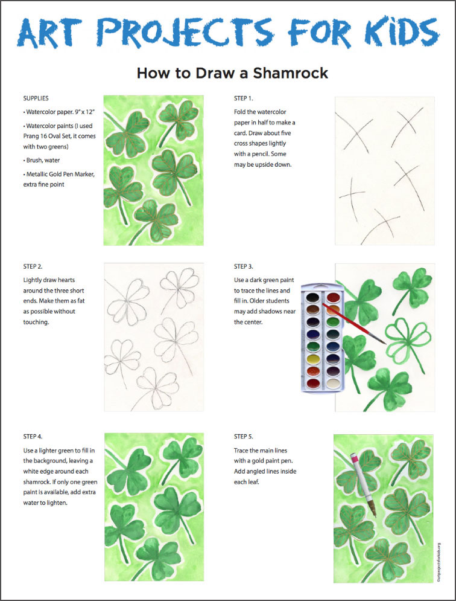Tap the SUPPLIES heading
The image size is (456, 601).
click(x=36, y=98)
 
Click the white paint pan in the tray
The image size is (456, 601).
click(x=332, y=383)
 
